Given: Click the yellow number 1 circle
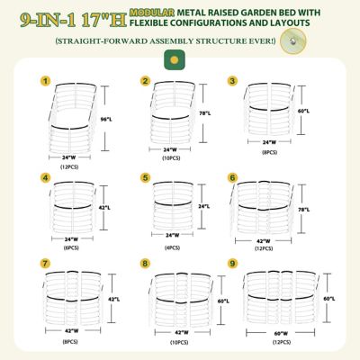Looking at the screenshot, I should pos(44,81).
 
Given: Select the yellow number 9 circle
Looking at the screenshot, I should pos(233,264).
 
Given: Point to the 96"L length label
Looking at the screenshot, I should pos(105,120).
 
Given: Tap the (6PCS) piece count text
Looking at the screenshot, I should pos(72,247).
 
